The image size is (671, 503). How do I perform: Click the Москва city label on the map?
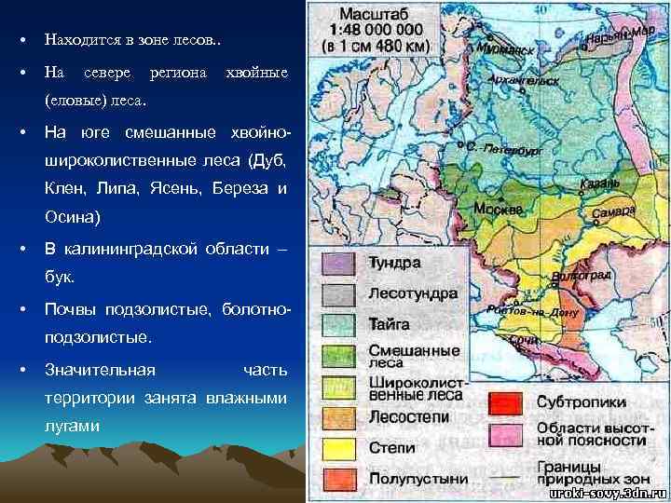(499, 210)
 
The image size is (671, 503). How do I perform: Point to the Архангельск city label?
(529, 80)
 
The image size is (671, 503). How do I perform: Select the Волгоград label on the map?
(582, 276)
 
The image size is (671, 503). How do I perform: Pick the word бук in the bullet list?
(59, 278)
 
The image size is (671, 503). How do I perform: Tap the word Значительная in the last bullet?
(100, 370)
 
